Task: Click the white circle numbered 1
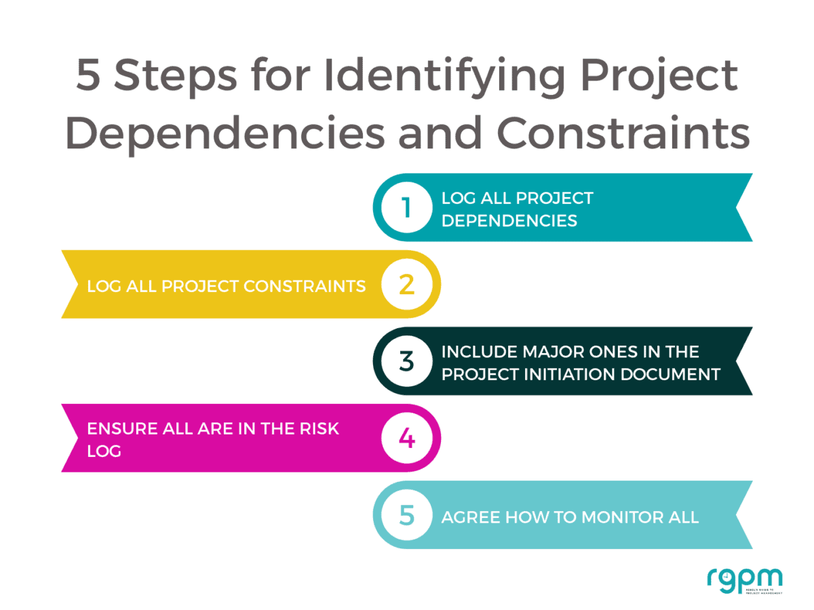(406, 207)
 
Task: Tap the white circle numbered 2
(406, 285)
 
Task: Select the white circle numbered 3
(406, 361)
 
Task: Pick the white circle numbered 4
(406, 439)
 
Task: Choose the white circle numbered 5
(406, 515)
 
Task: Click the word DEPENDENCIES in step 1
(509, 220)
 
